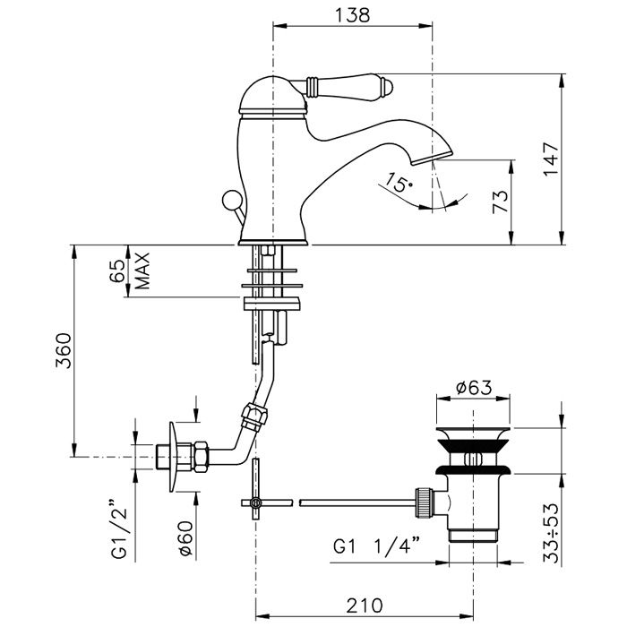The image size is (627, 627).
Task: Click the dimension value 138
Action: pyautogui.click(x=352, y=15)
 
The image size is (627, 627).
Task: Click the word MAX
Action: pyautogui.click(x=142, y=271)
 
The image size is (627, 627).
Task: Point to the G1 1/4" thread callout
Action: pyautogui.click(x=377, y=544)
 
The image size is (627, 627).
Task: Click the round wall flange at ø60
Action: pyautogui.click(x=175, y=458)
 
